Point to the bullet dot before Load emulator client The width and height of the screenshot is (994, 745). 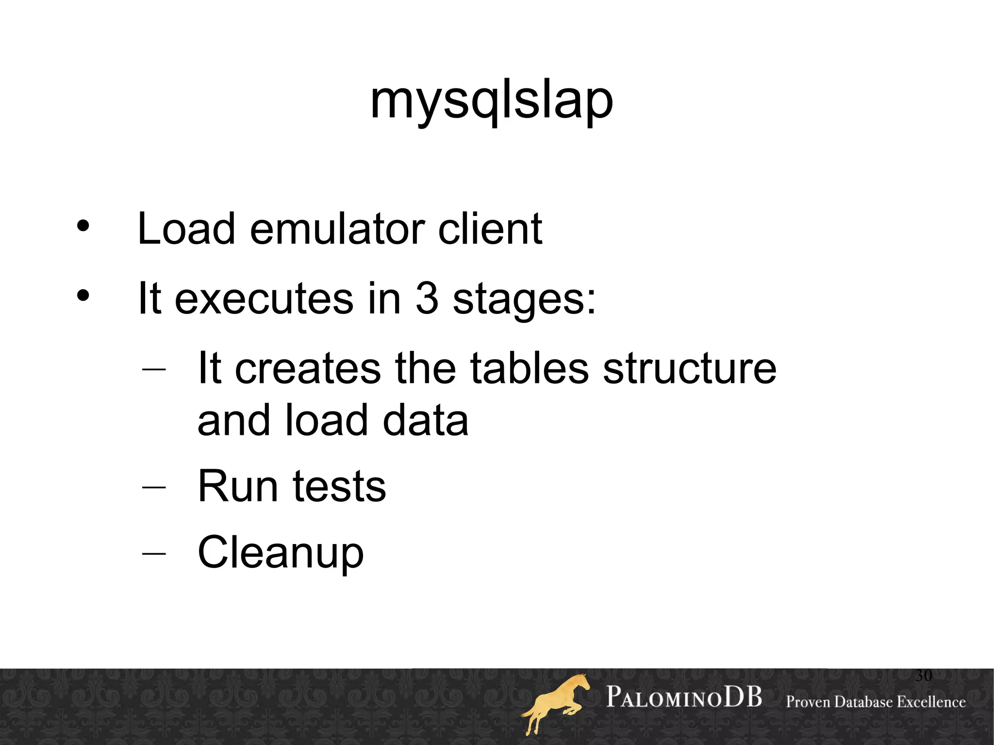click(x=83, y=226)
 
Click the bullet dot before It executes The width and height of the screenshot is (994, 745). click(x=83, y=296)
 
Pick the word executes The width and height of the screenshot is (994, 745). click(x=264, y=299)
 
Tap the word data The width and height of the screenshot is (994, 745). click(x=425, y=420)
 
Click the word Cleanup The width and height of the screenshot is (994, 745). click(x=281, y=553)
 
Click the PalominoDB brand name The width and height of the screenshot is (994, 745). click(x=684, y=697)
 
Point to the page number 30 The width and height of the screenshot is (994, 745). click(x=923, y=675)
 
